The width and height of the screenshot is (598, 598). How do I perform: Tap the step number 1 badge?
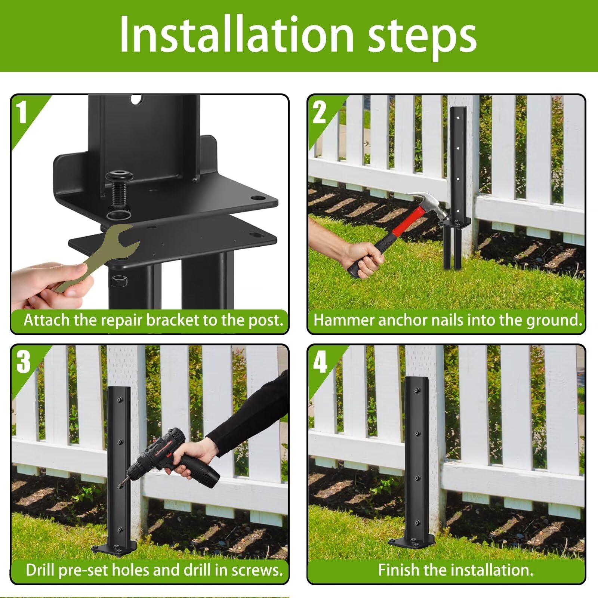[23, 112]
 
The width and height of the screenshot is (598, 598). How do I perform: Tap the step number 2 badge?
[319, 112]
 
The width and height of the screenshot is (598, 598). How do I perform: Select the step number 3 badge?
[23, 362]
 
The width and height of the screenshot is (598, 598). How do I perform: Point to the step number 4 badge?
[320, 362]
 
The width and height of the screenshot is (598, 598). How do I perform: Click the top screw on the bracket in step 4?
[417, 391]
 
